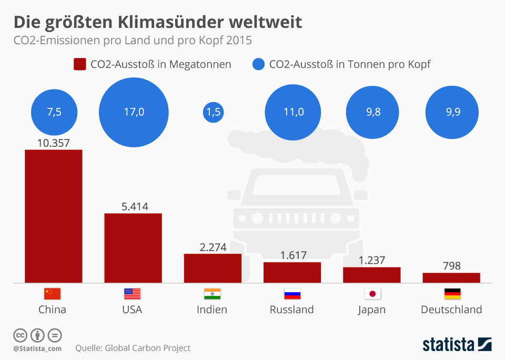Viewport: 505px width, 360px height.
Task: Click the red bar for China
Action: click(54, 216)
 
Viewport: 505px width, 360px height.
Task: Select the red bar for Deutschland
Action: click(451, 277)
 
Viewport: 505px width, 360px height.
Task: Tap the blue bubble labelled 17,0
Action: click(134, 112)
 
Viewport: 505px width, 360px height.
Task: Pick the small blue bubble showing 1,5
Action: click(213, 112)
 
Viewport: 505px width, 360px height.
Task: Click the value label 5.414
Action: click(134, 206)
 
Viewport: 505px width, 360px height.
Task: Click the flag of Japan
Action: click(372, 294)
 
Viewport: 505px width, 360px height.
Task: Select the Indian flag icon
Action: click(212, 294)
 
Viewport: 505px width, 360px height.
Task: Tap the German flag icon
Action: click(452, 294)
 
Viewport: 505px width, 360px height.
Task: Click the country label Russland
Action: click(291, 309)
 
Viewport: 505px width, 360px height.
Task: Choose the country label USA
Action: click(132, 309)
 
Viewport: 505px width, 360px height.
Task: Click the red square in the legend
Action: click(80, 65)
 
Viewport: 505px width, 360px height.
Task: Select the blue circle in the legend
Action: click(258, 65)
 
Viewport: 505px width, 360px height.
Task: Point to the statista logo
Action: click(457, 345)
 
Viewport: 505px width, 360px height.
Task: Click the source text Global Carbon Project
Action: click(147, 348)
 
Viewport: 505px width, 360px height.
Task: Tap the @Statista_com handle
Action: click(37, 348)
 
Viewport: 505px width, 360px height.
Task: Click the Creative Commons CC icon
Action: click(20, 335)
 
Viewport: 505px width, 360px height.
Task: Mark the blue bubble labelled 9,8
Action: click(372, 112)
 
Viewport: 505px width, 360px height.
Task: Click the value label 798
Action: click(451, 266)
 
